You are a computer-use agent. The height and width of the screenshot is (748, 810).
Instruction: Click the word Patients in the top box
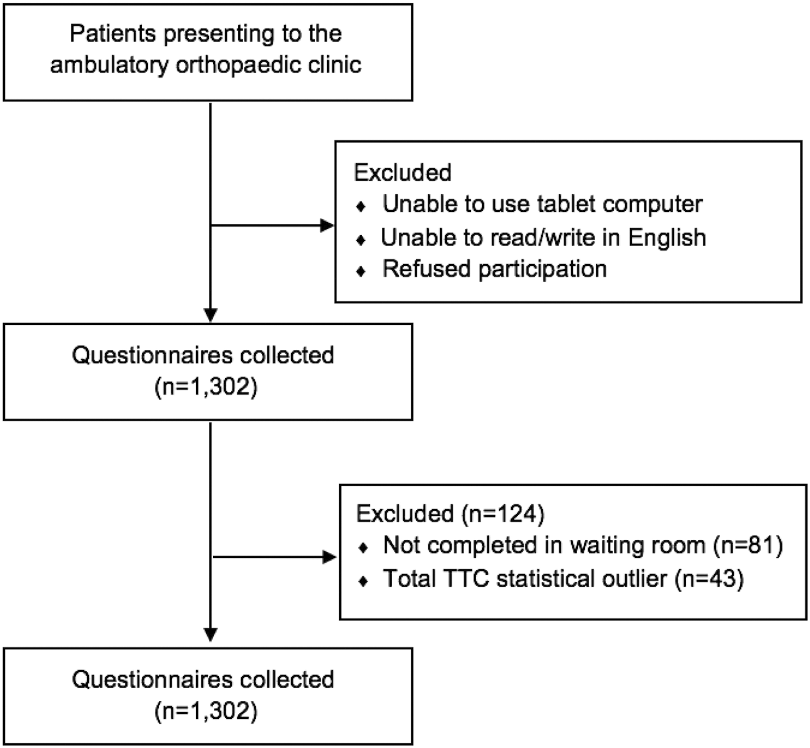coord(113,33)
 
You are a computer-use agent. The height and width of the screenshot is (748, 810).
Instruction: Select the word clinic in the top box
coord(334,64)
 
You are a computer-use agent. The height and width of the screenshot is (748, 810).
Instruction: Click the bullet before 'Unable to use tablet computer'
coord(361,207)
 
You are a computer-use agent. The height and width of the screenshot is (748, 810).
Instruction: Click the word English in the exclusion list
coord(667,237)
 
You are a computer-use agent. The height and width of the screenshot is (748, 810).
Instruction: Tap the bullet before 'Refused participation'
coord(361,271)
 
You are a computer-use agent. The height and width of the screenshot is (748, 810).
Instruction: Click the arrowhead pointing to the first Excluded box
coord(327,225)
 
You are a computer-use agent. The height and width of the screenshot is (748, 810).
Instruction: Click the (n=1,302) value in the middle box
coord(206,386)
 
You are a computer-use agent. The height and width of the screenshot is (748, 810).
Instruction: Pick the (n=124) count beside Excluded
coord(503,514)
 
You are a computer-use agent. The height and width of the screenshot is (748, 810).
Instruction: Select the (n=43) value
coord(709,578)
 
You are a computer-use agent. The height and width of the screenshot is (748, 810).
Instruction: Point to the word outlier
coord(635,578)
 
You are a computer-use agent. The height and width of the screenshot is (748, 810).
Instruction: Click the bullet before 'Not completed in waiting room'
coord(363,548)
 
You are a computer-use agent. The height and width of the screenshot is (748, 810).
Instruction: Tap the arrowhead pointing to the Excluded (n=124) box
coord(329,557)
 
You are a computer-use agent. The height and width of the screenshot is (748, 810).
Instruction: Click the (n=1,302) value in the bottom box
coord(206,711)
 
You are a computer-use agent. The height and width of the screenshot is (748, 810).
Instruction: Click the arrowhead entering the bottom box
coord(211,635)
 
